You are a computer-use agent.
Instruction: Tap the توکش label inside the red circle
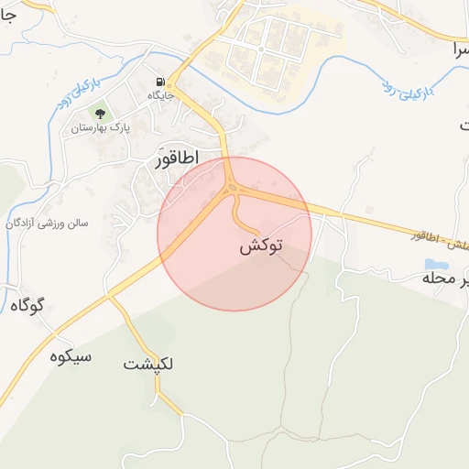click(261, 246)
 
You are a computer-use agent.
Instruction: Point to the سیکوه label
click(71, 356)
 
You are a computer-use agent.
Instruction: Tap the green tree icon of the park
click(100, 115)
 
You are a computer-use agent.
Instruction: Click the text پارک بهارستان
click(101, 128)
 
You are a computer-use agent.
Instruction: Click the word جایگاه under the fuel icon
click(162, 94)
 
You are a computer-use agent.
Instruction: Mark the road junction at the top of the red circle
click(232, 188)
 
